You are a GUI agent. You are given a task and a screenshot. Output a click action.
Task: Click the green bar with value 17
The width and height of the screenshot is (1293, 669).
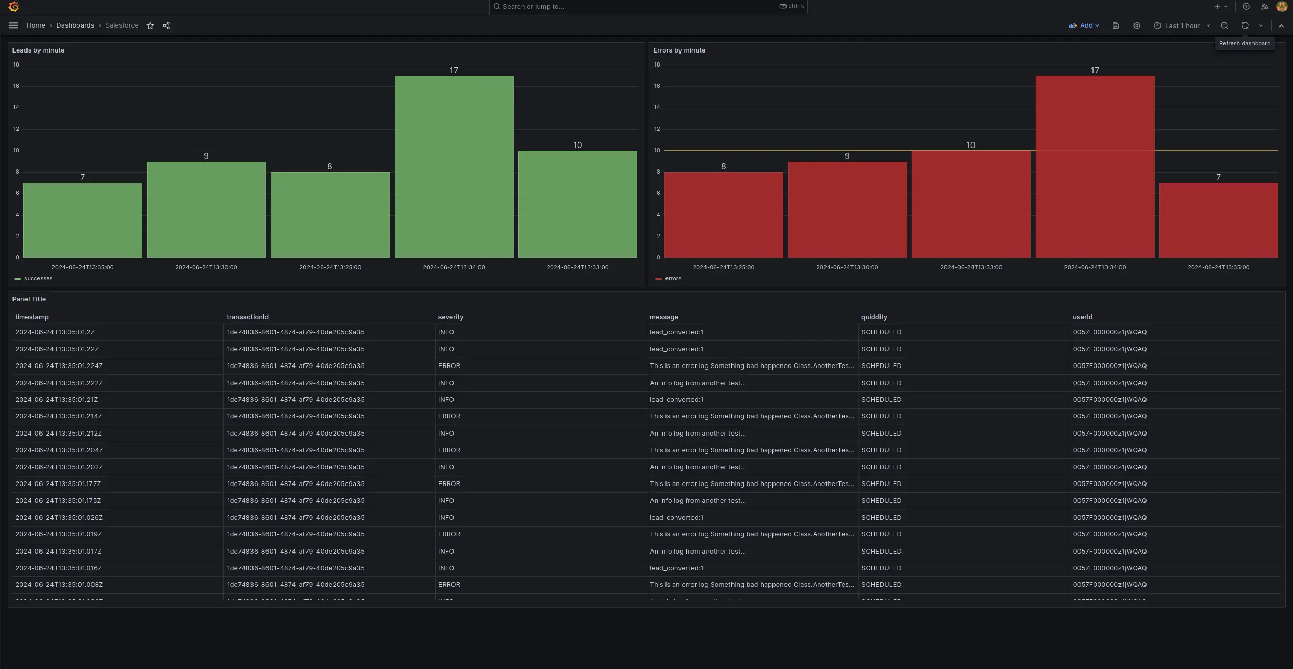point(454,166)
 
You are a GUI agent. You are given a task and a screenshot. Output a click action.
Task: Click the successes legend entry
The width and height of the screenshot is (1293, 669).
point(38,279)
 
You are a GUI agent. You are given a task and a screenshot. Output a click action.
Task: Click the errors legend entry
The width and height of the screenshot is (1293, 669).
point(673,279)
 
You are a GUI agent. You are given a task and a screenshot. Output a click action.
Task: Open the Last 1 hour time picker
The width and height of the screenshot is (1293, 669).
point(1182,25)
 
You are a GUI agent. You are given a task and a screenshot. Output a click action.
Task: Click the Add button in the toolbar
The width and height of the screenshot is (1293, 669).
point(1084,25)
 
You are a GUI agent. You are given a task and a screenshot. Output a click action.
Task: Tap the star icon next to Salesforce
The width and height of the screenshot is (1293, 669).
point(150,25)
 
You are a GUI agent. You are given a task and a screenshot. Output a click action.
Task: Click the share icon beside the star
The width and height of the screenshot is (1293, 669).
point(166,25)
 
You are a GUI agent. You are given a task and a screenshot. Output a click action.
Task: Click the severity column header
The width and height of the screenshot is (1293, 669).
point(450,317)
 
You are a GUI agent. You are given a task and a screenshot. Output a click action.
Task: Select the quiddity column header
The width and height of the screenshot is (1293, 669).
point(874,317)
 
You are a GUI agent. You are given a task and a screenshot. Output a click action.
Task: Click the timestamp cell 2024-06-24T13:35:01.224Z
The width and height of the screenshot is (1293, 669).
point(59,366)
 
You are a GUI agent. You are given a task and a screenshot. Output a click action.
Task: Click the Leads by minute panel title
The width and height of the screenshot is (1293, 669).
point(38,50)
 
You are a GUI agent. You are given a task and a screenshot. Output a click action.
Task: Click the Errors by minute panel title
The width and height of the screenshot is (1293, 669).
point(679,50)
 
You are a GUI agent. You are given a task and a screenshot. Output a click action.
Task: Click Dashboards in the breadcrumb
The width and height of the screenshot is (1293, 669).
point(75,25)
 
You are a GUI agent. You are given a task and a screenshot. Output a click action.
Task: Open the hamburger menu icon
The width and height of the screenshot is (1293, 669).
point(14,25)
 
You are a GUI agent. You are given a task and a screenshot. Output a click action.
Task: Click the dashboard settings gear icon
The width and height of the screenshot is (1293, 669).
point(1137,25)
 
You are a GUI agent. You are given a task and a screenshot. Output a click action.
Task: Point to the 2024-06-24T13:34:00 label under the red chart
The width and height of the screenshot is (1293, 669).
point(1095,267)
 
